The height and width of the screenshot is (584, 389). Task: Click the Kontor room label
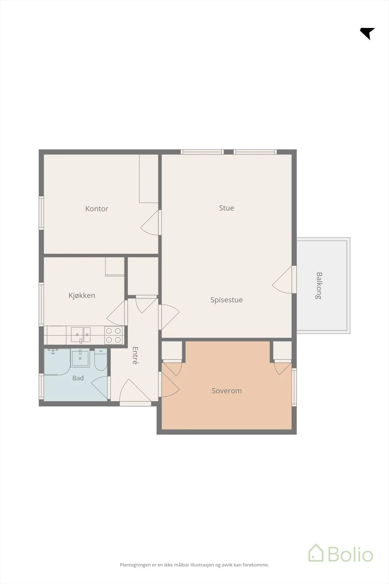pos(97,208)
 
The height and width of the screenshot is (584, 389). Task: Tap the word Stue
pos(226,208)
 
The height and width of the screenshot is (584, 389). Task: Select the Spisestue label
pos(226,300)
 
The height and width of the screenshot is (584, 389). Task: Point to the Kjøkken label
pos(82,295)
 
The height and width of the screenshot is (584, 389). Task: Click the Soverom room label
pos(226,391)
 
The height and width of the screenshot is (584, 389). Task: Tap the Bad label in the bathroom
pos(78,378)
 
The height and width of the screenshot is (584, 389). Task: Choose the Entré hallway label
pos(135,356)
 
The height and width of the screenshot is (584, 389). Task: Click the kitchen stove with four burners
pos(113,335)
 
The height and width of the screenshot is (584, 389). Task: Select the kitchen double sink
pos(81,335)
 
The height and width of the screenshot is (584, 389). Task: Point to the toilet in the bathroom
pos(101,360)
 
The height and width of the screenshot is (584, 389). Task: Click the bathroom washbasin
pos(80,357)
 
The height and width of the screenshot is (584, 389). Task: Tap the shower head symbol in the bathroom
pos(53,351)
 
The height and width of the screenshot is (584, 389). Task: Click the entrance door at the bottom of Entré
pos(135,391)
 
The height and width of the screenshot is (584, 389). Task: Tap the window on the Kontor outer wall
pos(41,213)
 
